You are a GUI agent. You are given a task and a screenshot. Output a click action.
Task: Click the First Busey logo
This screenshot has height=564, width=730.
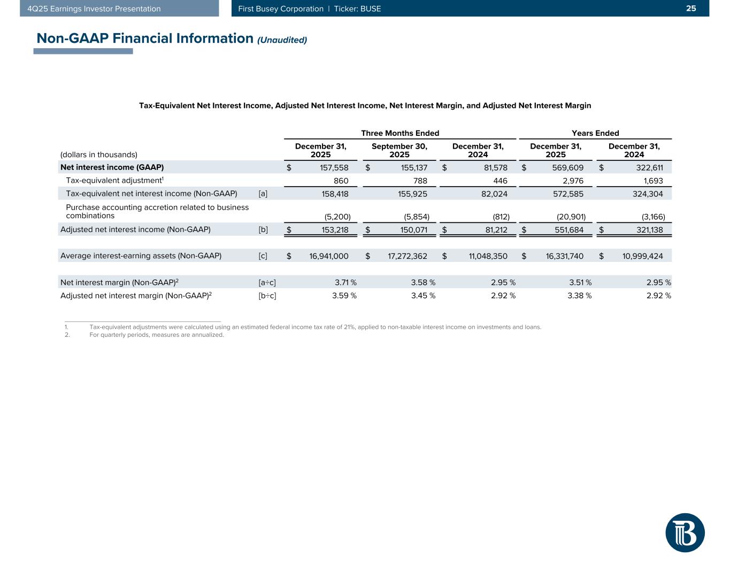coord(685,532)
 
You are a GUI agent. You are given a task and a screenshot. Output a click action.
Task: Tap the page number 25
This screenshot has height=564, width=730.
coord(691,9)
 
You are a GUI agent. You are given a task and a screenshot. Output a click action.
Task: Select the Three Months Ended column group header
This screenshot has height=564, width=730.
coord(400,133)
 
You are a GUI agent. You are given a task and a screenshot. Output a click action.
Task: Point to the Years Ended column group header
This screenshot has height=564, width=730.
coord(595,133)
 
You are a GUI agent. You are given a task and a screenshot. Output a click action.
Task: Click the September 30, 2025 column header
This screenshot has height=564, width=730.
coord(399,150)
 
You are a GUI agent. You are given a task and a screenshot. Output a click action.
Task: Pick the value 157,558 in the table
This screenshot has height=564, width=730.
coord(333,167)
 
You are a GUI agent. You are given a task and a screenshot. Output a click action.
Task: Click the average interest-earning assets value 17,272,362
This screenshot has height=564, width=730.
coord(407,256)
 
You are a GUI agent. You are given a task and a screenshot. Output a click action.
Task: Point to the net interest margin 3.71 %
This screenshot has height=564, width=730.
coord(342,282)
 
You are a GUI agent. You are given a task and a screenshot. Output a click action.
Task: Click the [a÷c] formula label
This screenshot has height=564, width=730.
coord(267,282)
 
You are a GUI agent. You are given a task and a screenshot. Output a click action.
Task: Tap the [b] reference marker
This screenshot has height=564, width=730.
coord(263,230)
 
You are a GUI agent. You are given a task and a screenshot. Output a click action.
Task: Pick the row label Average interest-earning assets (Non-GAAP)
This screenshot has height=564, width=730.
coord(141,256)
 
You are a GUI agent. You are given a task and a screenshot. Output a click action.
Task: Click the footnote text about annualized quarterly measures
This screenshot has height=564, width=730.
coord(157,335)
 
